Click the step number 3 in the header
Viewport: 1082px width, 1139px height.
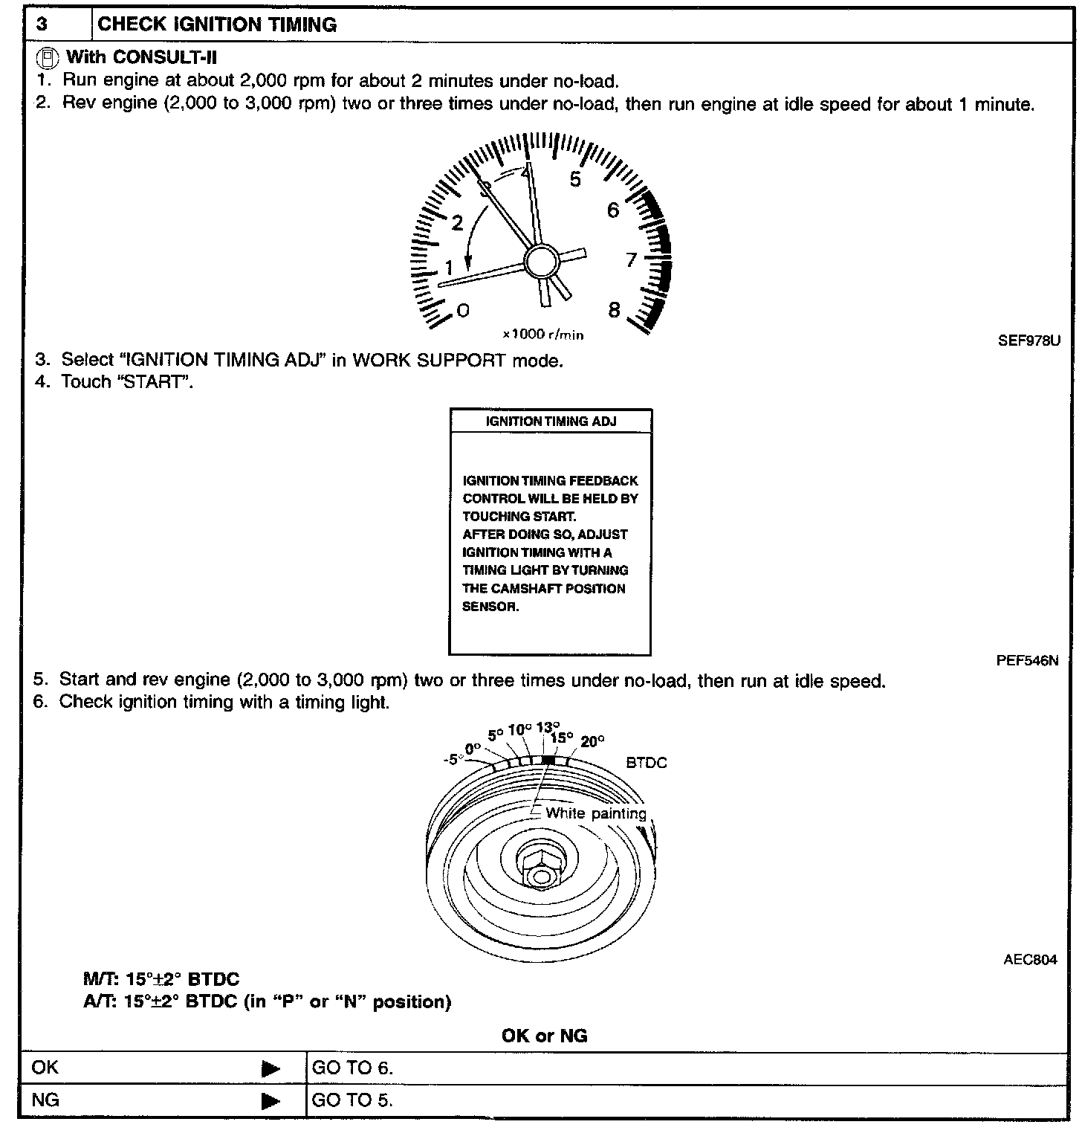(x=42, y=25)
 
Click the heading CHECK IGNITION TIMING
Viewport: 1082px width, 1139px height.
(x=217, y=25)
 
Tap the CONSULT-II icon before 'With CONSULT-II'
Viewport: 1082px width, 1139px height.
(x=48, y=57)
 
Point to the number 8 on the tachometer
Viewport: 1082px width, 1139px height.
(x=614, y=310)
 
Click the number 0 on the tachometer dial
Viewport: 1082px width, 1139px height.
(x=462, y=310)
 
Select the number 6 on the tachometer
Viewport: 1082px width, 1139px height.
(x=612, y=210)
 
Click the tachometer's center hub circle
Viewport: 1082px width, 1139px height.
(x=541, y=261)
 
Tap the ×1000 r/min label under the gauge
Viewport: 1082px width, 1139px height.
(x=543, y=335)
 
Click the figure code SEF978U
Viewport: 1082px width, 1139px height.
(x=1028, y=341)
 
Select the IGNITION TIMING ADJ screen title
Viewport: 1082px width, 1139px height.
(x=551, y=422)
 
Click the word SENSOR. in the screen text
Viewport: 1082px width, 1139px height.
(x=490, y=607)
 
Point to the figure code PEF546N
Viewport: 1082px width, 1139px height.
(x=1027, y=660)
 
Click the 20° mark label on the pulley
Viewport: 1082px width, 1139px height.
(x=593, y=741)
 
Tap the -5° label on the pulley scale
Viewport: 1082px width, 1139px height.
(x=452, y=760)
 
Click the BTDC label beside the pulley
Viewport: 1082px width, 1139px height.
(x=646, y=763)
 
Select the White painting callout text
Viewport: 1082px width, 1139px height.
(x=595, y=813)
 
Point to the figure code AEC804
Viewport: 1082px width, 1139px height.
(x=1030, y=960)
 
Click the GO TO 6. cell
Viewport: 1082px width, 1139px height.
(x=352, y=1068)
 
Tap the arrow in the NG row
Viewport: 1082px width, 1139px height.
(x=271, y=1101)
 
